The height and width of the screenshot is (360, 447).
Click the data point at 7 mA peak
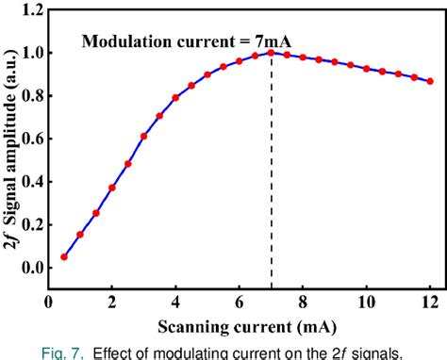[272, 53]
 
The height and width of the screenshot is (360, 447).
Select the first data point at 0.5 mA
[64, 256]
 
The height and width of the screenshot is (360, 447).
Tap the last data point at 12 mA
[430, 81]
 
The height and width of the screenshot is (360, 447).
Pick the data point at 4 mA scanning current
[175, 98]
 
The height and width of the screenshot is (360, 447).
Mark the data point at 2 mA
[111, 188]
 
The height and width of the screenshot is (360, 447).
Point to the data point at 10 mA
[367, 69]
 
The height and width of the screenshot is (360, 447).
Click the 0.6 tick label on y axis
[31, 139]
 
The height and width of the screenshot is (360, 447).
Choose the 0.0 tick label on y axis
[31, 268]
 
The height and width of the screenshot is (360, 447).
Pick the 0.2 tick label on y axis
[31, 225]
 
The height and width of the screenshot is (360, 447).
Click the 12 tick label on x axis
[430, 303]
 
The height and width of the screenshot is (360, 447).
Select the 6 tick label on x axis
[240, 303]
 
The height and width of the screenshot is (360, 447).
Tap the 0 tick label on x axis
[49, 303]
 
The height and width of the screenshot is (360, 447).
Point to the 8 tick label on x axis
[303, 303]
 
